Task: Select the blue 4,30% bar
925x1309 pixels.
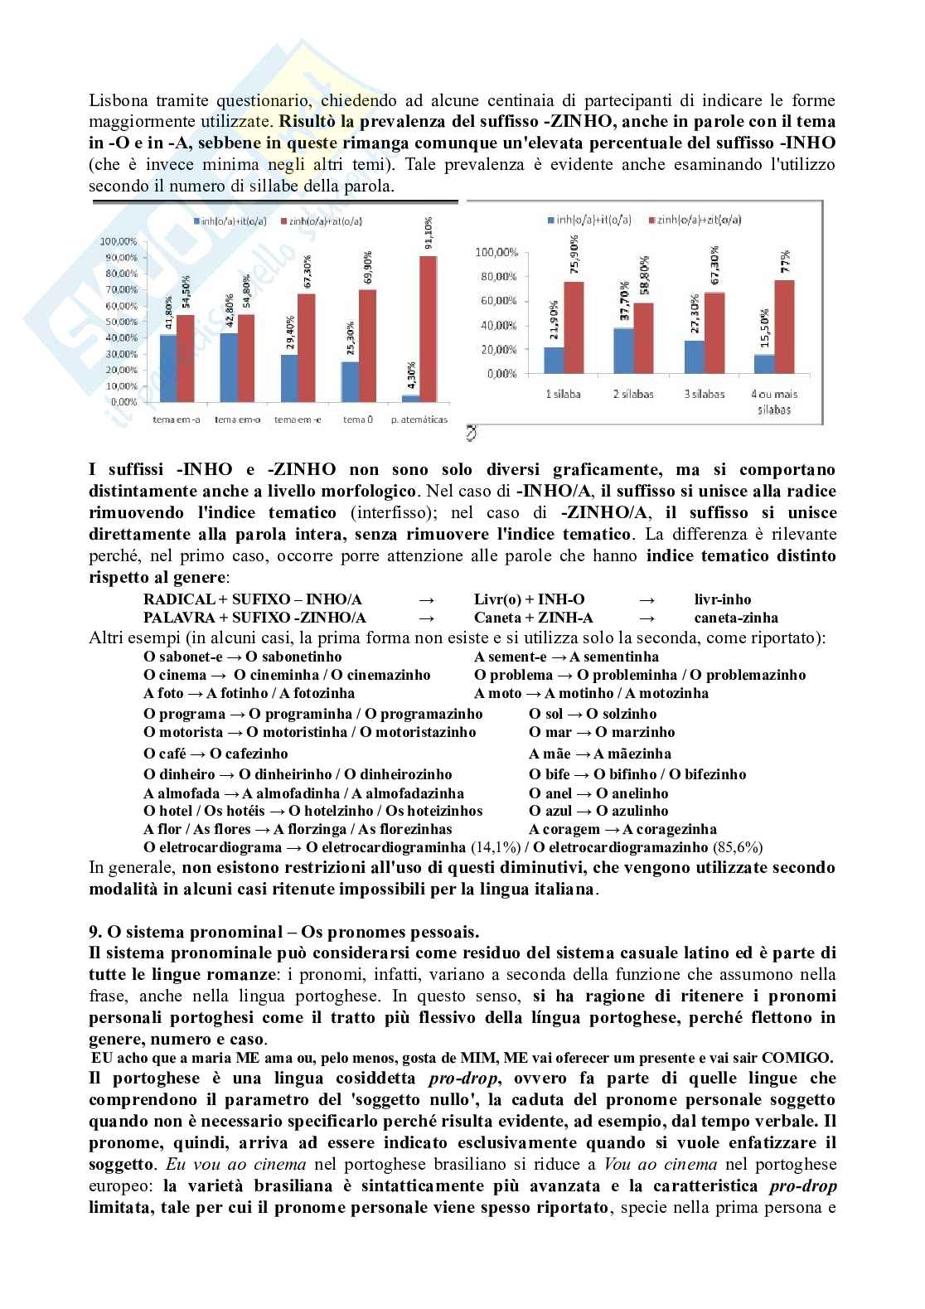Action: click(409, 399)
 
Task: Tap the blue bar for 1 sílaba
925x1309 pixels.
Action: click(553, 360)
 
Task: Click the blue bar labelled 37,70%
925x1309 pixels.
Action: click(623, 350)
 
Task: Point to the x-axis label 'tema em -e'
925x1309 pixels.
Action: click(298, 419)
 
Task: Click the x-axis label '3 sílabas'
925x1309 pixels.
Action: click(705, 394)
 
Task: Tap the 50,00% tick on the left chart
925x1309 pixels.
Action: click(119, 322)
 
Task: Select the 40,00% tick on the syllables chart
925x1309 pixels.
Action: click(496, 325)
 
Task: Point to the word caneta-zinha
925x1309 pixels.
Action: click(736, 618)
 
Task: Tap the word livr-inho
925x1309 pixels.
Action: click(723, 599)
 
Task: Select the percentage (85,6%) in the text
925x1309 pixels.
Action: click(737, 847)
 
